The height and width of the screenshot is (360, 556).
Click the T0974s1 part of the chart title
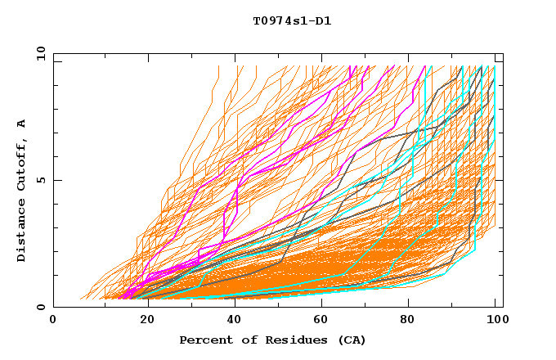click(x=280, y=20)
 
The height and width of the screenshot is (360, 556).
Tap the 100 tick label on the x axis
click(x=495, y=321)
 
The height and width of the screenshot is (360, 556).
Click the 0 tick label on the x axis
click(x=53, y=321)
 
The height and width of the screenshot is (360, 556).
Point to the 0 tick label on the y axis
click(x=40, y=308)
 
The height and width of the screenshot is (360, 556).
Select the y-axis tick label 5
click(x=40, y=180)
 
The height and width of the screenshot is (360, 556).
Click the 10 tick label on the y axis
click(x=38, y=53)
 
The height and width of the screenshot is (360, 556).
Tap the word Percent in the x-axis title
click(x=202, y=340)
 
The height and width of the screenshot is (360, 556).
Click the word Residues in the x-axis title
click(x=289, y=340)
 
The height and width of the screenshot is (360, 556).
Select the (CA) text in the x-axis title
click(x=351, y=340)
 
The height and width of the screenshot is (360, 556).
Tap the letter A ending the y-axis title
click(x=21, y=123)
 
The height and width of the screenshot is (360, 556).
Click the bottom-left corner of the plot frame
click(x=53, y=308)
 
